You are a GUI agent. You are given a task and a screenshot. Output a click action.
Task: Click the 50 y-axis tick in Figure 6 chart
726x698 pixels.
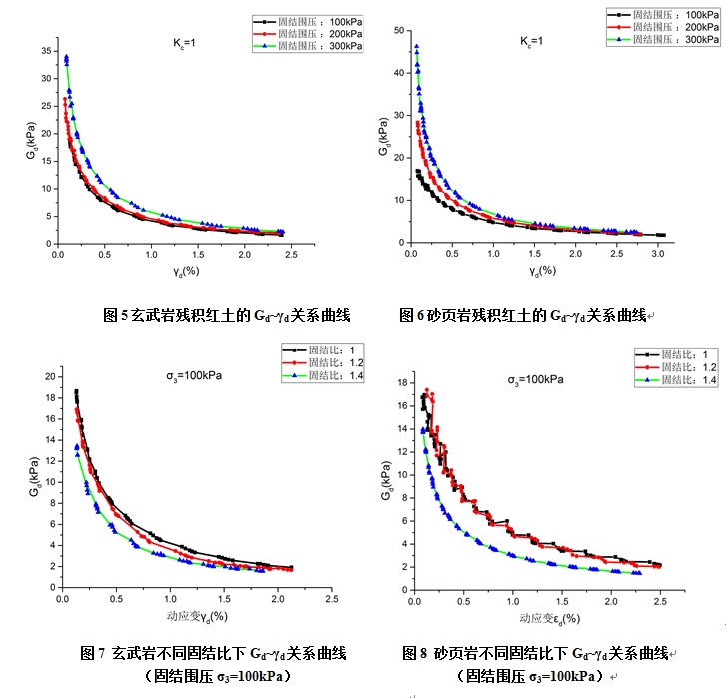coord(398,31)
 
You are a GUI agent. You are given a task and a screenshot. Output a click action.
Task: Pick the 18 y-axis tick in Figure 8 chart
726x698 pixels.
coord(401,382)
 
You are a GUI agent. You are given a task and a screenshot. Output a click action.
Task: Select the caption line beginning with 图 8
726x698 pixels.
coord(539,653)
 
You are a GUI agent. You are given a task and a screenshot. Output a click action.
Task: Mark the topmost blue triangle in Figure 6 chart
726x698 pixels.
coord(417,46)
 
